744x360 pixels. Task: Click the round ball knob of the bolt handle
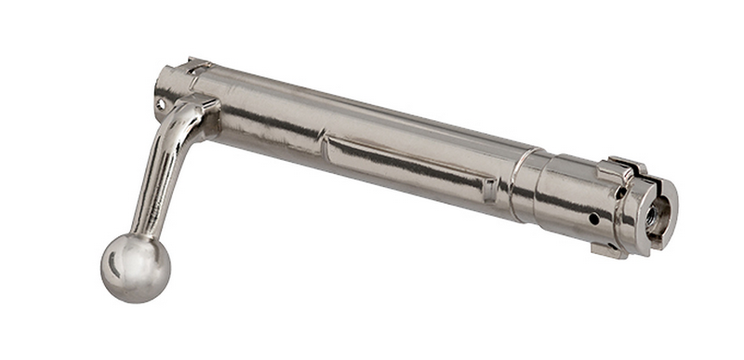[x=136, y=267]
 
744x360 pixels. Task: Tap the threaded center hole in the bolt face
[x=654, y=214]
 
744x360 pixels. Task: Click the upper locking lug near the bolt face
[x=618, y=170]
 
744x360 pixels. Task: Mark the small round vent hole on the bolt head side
[x=593, y=220]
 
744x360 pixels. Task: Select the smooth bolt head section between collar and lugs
[x=567, y=200]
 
